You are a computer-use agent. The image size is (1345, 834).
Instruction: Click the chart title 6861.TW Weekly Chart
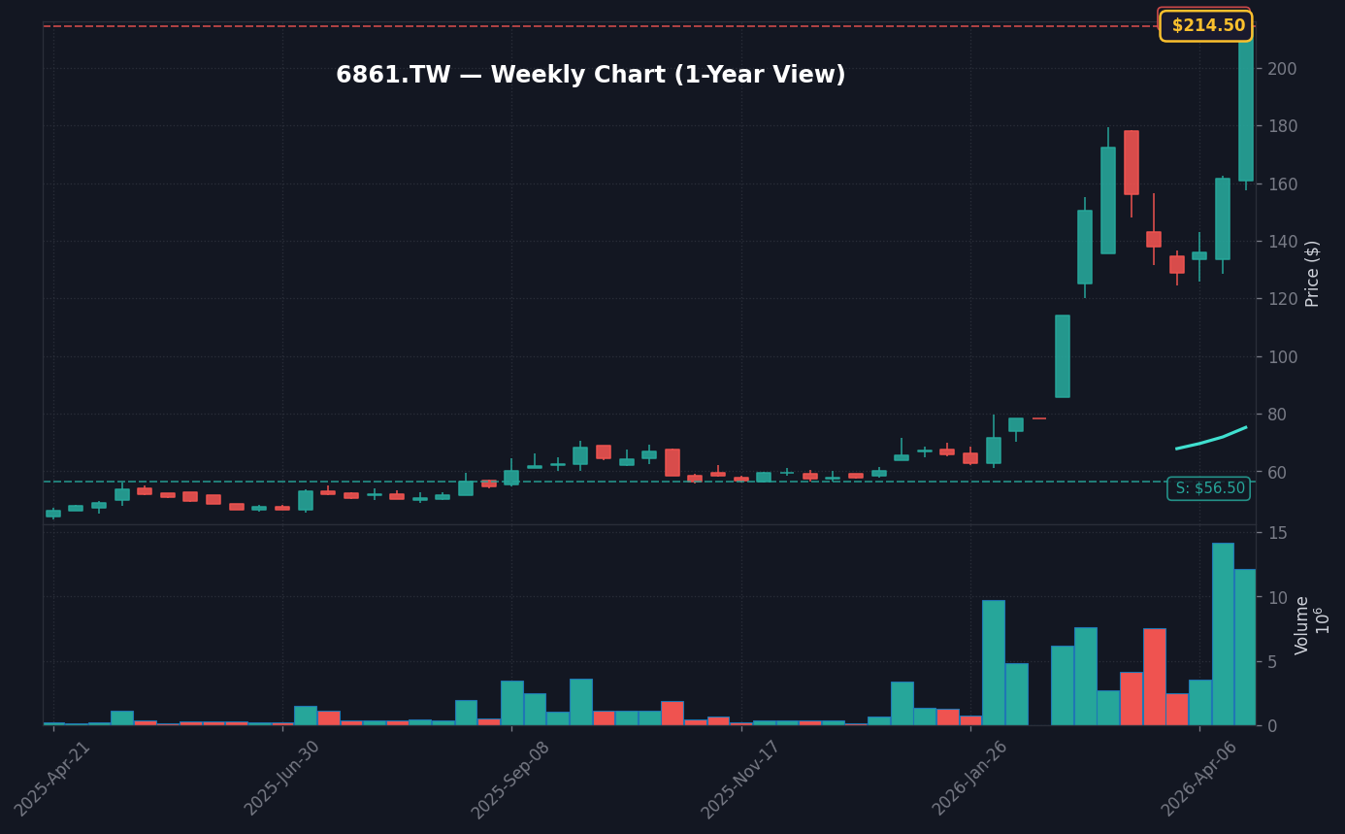(x=590, y=76)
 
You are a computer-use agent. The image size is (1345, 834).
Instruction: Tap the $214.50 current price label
(x=1206, y=26)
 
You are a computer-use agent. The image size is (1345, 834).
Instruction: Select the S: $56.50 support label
(x=1208, y=488)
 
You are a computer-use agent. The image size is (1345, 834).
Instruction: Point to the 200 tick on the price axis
(x=1282, y=69)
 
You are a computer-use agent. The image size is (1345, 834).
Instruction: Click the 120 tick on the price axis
(x=1282, y=299)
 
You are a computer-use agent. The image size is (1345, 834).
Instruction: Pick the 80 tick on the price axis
(x=1277, y=415)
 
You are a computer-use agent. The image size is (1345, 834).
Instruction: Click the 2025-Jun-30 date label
(x=282, y=777)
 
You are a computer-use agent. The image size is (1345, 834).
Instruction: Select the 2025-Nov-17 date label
(x=740, y=777)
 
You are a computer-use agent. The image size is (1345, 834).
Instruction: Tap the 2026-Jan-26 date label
(x=970, y=777)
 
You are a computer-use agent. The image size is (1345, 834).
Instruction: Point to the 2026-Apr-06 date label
(x=1199, y=777)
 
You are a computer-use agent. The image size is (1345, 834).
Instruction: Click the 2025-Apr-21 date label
(x=53, y=777)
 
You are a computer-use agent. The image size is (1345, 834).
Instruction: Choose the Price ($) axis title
(x=1312, y=273)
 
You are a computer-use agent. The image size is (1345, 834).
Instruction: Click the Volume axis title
(x=1302, y=625)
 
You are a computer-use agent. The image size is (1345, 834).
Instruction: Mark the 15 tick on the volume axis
(x=1277, y=533)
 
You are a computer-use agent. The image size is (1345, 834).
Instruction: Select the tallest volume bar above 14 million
(x=1223, y=633)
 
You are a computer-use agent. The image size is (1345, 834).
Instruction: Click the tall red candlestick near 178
(x=1132, y=162)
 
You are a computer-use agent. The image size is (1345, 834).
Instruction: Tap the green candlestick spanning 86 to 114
(x=1063, y=356)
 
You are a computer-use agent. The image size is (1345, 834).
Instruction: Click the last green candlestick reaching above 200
(x=1246, y=107)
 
